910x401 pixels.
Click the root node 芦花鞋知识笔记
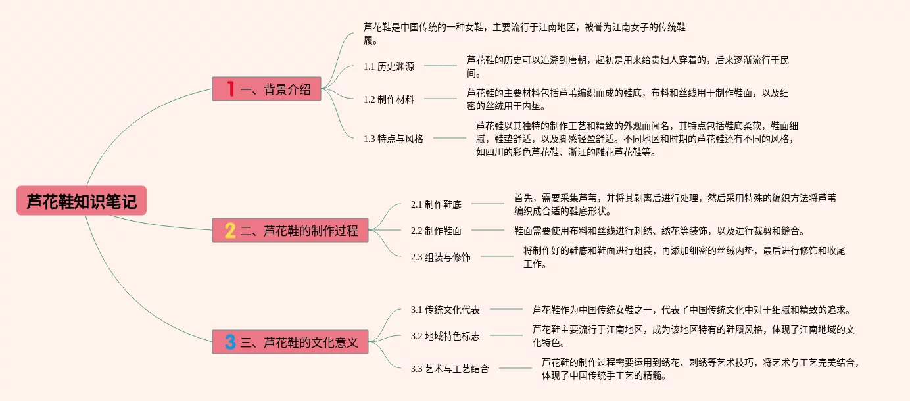click(x=82, y=200)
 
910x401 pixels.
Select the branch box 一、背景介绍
click(x=266, y=89)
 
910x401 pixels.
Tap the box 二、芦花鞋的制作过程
click(x=290, y=230)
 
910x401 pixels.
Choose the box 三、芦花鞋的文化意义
click(x=290, y=342)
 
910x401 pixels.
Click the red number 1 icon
click(x=230, y=89)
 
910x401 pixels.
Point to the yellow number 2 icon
click(x=230, y=230)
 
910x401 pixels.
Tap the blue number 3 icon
click(x=230, y=342)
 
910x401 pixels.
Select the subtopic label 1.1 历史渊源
click(x=389, y=66)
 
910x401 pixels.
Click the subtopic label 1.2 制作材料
click(x=389, y=99)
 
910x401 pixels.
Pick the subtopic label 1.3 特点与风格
click(x=393, y=139)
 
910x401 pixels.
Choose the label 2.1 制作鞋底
click(x=436, y=204)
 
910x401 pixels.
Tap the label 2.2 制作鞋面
click(x=436, y=231)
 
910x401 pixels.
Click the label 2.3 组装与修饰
click(x=441, y=257)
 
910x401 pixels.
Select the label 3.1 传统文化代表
click(x=445, y=310)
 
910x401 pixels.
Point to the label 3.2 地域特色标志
click(x=445, y=336)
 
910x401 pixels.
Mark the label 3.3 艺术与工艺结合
click(x=450, y=369)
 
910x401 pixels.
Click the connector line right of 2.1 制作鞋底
click(x=487, y=204)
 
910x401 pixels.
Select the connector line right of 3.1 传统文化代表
click(x=506, y=309)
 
